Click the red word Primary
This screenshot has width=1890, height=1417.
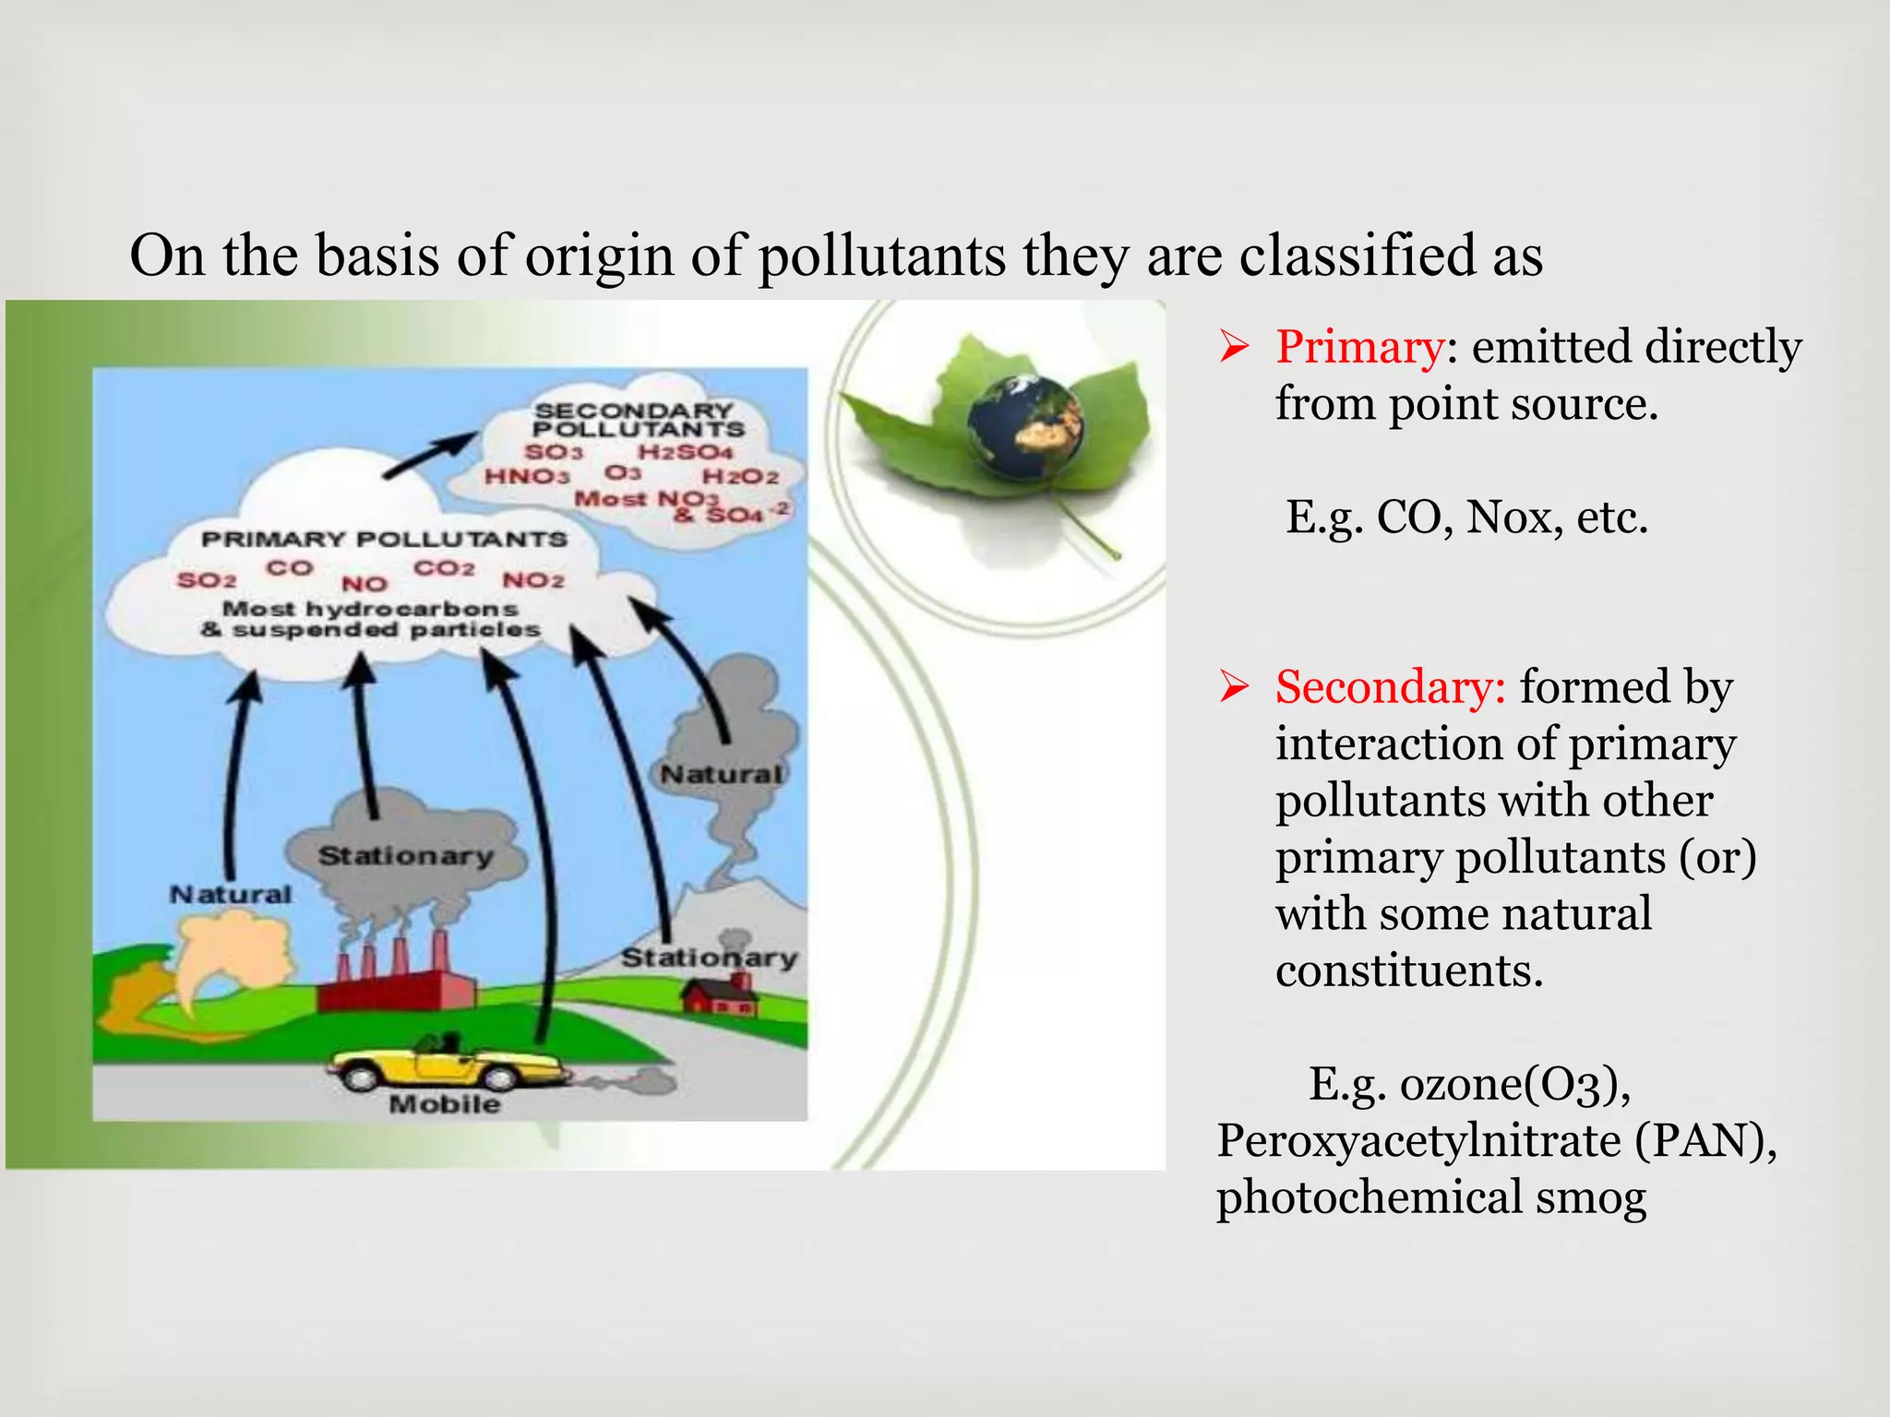pyautogui.click(x=1359, y=348)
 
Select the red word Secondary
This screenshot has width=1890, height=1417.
pyautogui.click(x=1390, y=687)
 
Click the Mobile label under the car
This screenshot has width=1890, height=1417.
pyautogui.click(x=445, y=1104)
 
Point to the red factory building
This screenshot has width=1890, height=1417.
pyautogui.click(x=397, y=987)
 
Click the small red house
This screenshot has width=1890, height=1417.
pyautogui.click(x=720, y=997)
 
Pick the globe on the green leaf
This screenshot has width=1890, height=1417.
pyautogui.click(x=1024, y=426)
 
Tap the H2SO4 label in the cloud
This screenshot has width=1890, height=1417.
pyautogui.click(x=685, y=452)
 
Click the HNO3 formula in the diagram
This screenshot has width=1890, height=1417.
pyautogui.click(x=527, y=476)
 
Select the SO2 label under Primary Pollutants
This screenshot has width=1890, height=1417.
pyautogui.click(x=207, y=580)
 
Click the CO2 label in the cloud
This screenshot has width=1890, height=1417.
pyautogui.click(x=444, y=568)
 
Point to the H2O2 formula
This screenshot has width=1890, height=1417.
pyautogui.click(x=740, y=477)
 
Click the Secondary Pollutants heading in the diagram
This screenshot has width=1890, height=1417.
pyautogui.click(x=637, y=420)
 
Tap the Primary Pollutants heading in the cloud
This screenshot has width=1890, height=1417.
pyautogui.click(x=384, y=539)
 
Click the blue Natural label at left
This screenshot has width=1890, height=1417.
pyautogui.click(x=231, y=894)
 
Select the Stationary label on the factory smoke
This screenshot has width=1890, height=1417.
pyautogui.click(x=406, y=856)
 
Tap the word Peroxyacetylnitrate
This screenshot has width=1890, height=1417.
pyautogui.click(x=1418, y=1140)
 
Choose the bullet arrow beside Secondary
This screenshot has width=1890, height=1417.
pyautogui.click(x=1234, y=687)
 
